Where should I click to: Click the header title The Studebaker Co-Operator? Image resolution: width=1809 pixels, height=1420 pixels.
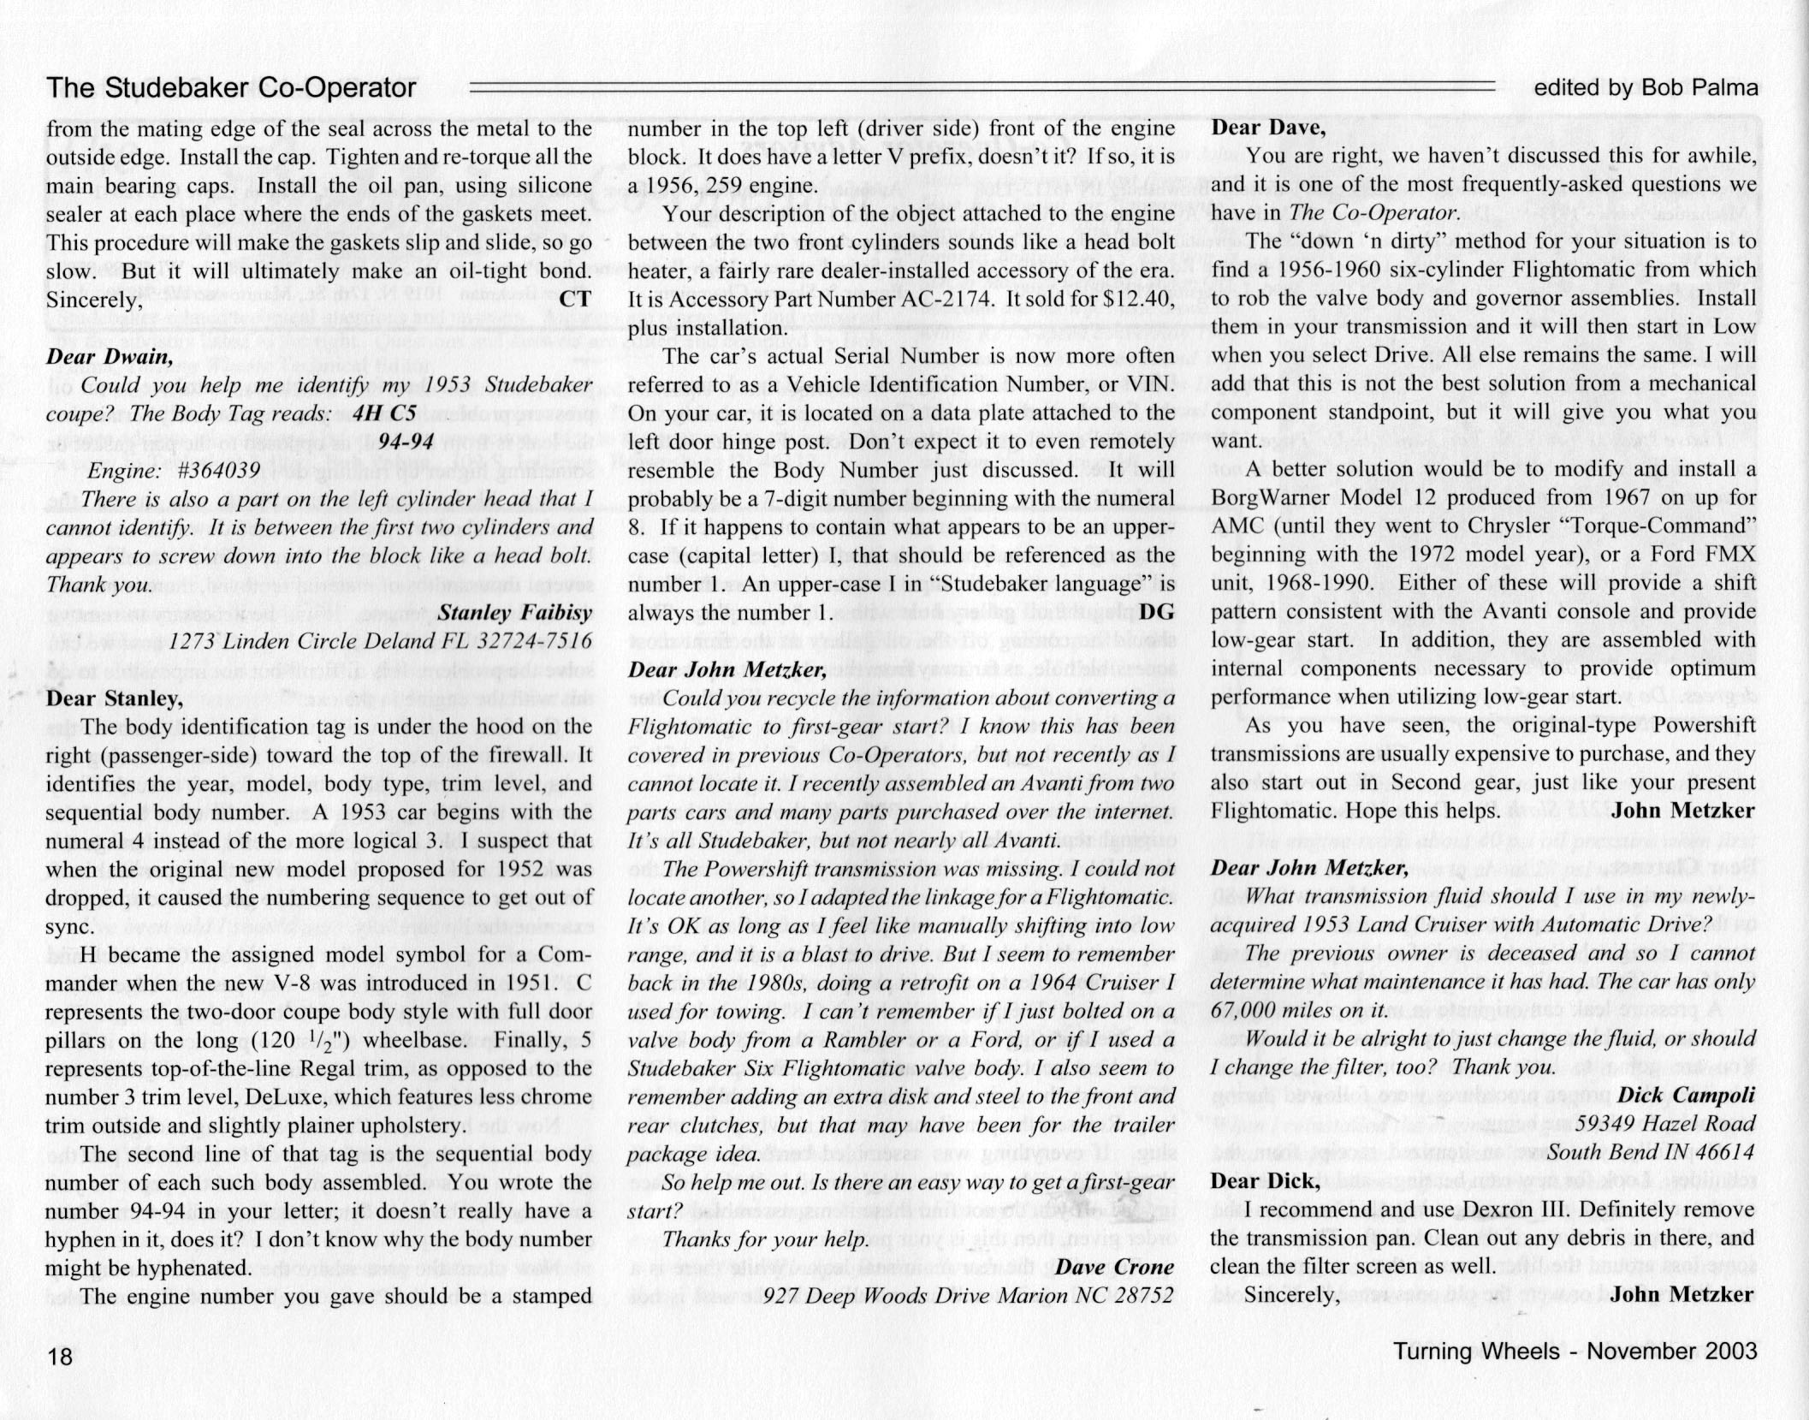(x=231, y=87)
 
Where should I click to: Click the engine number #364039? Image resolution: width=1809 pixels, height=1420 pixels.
(x=211, y=471)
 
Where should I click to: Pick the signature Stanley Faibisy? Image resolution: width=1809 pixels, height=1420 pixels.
(x=514, y=613)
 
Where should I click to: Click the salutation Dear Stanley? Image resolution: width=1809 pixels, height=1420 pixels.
(x=114, y=698)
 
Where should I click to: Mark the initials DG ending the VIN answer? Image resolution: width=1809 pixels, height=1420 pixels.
(x=1156, y=613)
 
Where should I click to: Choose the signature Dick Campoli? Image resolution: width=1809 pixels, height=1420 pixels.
(x=1686, y=1096)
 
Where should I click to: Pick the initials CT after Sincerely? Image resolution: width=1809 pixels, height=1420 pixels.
(x=574, y=300)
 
